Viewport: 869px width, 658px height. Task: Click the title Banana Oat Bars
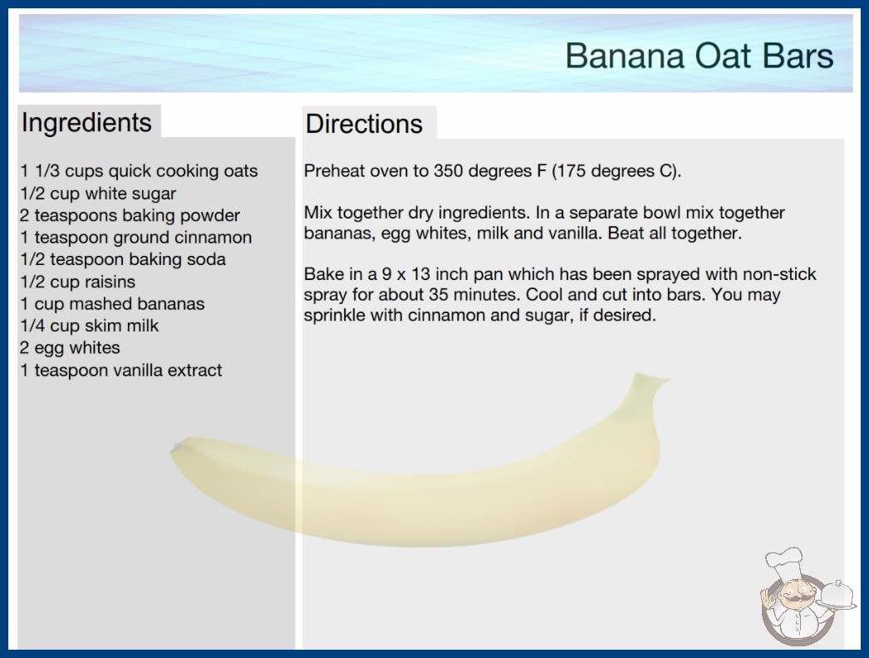[699, 56]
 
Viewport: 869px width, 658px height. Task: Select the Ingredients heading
[86, 123]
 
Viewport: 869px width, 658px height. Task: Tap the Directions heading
[364, 124]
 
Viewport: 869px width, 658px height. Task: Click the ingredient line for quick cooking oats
[139, 171]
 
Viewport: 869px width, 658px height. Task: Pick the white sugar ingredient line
[98, 194]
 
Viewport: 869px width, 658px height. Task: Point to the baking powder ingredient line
[130, 215]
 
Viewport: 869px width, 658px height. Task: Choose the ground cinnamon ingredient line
[135, 238]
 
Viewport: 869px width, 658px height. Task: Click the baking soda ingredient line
[123, 259]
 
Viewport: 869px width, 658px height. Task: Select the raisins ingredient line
[77, 282]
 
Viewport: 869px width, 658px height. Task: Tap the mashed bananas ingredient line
[112, 304]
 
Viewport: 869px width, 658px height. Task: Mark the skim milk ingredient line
[89, 326]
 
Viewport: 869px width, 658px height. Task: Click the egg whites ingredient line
[70, 348]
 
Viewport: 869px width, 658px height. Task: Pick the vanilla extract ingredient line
[120, 370]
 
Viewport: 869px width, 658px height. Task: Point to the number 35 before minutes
[439, 294]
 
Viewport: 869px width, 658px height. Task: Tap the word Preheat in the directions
[334, 171]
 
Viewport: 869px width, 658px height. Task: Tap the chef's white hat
[783, 561]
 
